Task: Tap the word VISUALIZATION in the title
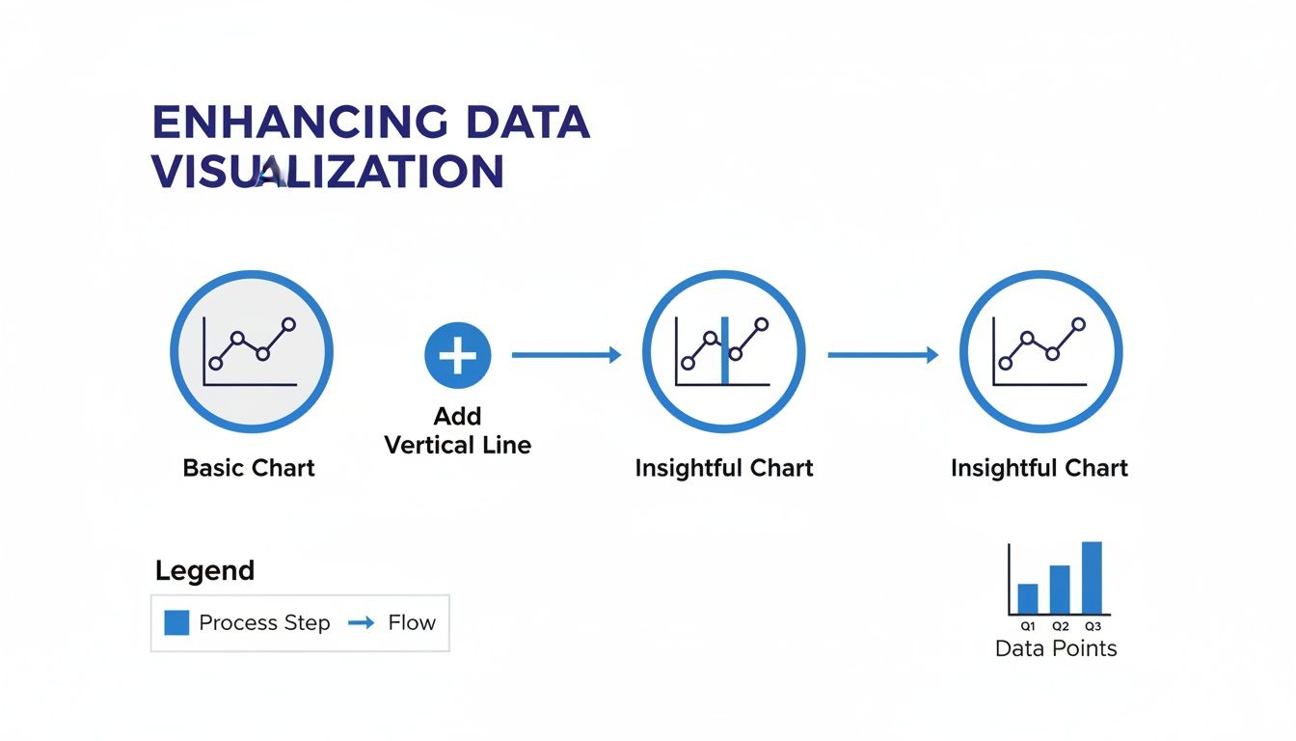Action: pyautogui.click(x=328, y=172)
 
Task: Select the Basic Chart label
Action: pyautogui.click(x=249, y=468)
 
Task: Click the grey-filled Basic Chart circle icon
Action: pyautogui.click(x=252, y=350)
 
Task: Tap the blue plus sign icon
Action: pyautogui.click(x=458, y=355)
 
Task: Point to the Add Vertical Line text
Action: pyautogui.click(x=457, y=430)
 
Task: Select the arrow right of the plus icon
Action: pyautogui.click(x=566, y=355)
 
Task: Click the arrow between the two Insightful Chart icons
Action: pyautogui.click(x=882, y=355)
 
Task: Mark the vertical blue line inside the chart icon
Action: pyautogui.click(x=725, y=351)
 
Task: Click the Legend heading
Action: pyautogui.click(x=204, y=570)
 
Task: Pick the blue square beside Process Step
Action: pyautogui.click(x=176, y=622)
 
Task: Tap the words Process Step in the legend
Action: pyautogui.click(x=264, y=623)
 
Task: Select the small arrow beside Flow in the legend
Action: pyautogui.click(x=361, y=623)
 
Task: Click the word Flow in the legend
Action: pyautogui.click(x=412, y=623)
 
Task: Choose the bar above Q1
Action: pyautogui.click(x=1028, y=598)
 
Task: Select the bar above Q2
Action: pyautogui.click(x=1060, y=589)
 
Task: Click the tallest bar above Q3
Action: pyautogui.click(x=1092, y=577)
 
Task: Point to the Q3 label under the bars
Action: pyautogui.click(x=1092, y=626)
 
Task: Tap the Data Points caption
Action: pyautogui.click(x=1056, y=648)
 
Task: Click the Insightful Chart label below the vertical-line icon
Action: pyautogui.click(x=724, y=468)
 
